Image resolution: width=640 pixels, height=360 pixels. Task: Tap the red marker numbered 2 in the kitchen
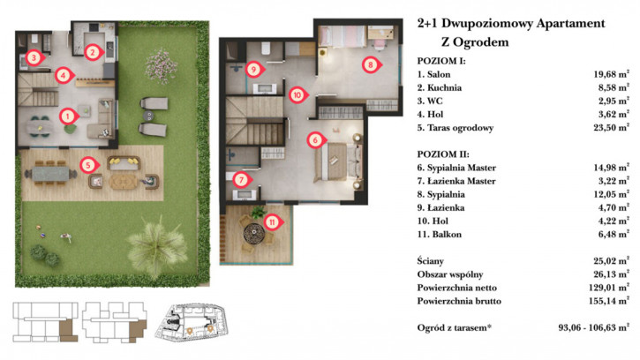coord(93,52)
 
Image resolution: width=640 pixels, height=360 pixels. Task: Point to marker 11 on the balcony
coord(272,222)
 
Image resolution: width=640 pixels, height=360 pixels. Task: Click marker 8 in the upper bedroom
coord(371,64)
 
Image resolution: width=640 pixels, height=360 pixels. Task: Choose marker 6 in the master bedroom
coord(315,140)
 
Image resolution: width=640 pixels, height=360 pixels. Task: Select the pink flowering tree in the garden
coord(162,65)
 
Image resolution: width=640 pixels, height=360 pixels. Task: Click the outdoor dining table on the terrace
coord(50,174)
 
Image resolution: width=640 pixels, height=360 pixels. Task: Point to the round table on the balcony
coord(254,234)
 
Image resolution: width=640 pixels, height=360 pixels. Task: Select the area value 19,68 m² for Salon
coord(611,74)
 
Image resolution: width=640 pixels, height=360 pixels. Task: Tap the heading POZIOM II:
coord(443,154)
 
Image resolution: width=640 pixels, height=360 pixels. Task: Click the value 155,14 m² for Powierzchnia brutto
coord(608,301)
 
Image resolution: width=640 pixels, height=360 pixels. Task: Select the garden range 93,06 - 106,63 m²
coord(594,327)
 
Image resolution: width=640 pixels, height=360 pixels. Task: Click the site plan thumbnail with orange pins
coord(190,322)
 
